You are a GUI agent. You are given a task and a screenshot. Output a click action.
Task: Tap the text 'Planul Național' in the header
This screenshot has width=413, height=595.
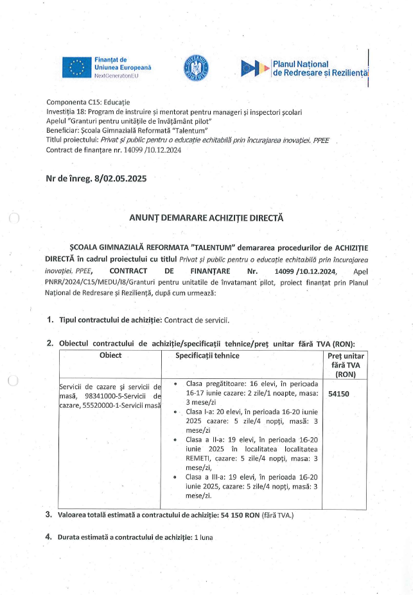(x=301, y=64)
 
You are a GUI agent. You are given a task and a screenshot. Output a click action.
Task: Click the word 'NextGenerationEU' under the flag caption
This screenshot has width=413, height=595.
(x=116, y=76)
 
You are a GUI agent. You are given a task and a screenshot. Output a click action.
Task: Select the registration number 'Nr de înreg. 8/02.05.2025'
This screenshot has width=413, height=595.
(x=96, y=178)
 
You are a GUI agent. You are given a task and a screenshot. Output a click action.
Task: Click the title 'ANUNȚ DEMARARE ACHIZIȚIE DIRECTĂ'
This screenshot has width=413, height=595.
(x=206, y=218)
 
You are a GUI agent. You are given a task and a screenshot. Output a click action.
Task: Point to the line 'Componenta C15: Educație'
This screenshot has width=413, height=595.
(x=88, y=103)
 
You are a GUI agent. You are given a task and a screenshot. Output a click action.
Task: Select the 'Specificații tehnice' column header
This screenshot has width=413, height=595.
(x=207, y=356)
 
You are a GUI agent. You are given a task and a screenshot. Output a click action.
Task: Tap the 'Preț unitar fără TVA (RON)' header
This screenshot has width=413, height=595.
(x=346, y=365)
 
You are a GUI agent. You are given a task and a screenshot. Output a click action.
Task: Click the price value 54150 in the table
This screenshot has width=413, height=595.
(x=338, y=395)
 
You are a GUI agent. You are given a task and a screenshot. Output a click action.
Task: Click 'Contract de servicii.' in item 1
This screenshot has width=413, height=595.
(x=197, y=319)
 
